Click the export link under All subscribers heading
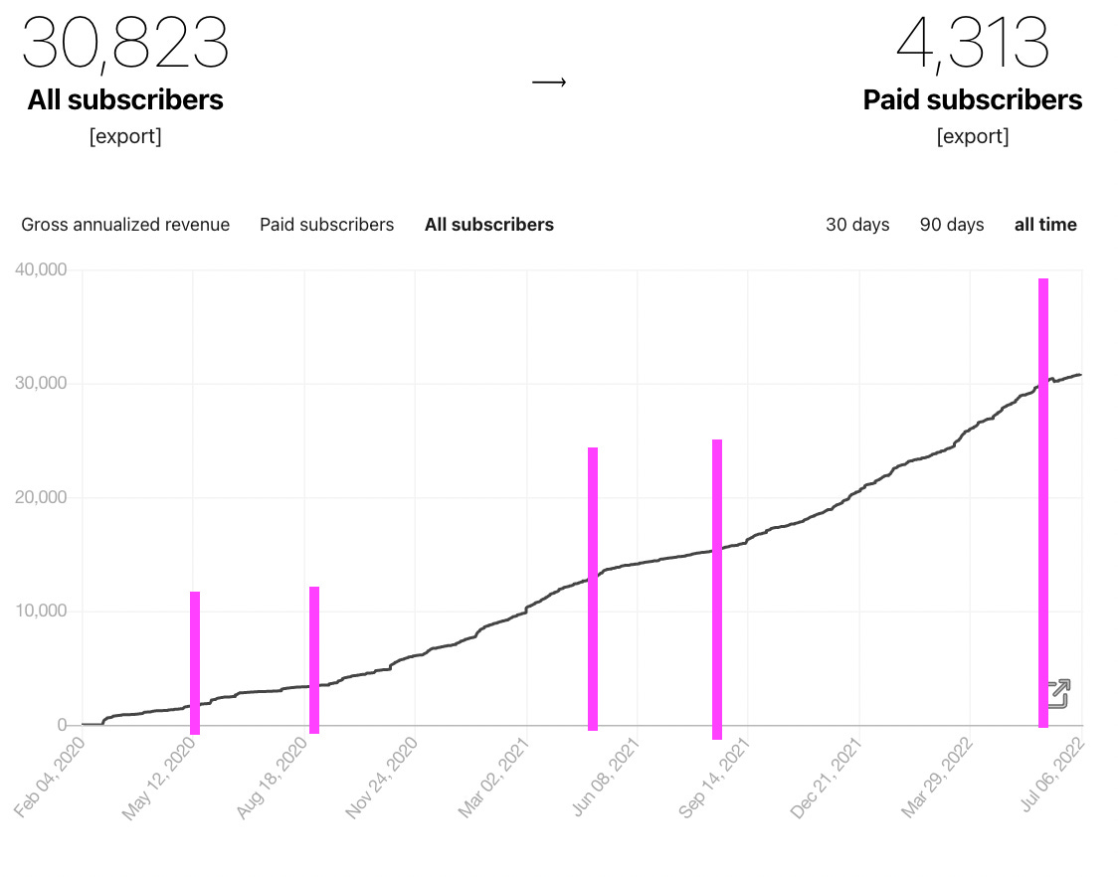[125, 136]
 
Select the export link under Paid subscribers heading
[972, 136]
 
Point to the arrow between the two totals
[548, 83]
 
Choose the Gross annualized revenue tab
[125, 225]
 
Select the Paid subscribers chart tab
[326, 225]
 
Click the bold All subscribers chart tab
[488, 225]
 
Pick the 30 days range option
[857, 225]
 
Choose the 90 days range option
[951, 225]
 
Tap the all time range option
[1044, 225]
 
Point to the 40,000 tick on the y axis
[41, 269]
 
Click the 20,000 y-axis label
[41, 497]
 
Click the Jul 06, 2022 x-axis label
[1051, 783]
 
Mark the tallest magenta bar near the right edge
[1043, 502]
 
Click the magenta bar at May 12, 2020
[195, 662]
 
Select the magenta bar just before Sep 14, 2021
[716, 589]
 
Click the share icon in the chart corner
[1058, 693]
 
